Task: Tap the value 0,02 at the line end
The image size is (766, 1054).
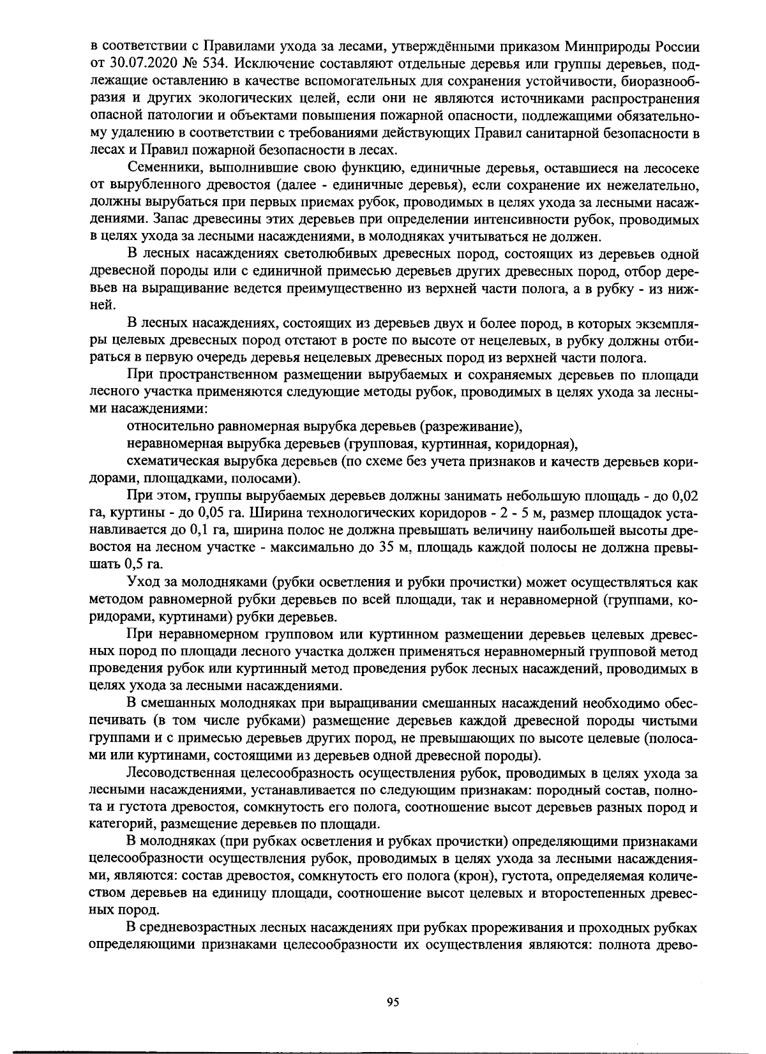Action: coord(686,495)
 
